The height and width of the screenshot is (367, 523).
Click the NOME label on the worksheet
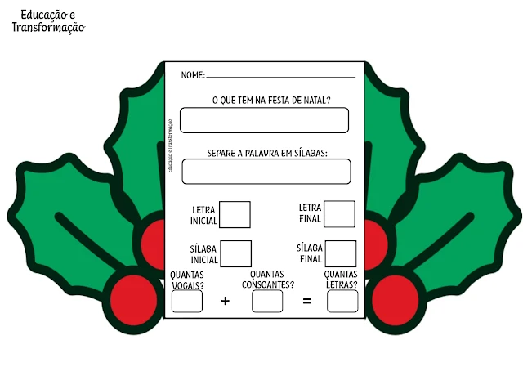coord(192,75)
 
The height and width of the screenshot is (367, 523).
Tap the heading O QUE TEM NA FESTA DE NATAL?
coord(265,100)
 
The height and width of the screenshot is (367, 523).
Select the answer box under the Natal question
coord(264,120)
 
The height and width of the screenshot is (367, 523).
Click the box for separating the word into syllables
coord(266,172)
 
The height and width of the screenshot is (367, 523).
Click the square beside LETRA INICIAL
coord(235,214)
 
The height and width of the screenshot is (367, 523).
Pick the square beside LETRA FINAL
coord(339,214)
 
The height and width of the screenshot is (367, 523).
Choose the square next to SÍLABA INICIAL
coord(235,253)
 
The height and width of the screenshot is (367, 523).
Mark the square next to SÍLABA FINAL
coord(341,253)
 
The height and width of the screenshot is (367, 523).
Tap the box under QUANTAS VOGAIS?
coord(187,301)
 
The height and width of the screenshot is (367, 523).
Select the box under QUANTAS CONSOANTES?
coord(267,301)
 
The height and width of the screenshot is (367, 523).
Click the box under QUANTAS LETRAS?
coord(342,301)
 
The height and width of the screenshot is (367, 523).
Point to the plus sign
coord(226,301)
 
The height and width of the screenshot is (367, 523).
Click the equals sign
coord(307,301)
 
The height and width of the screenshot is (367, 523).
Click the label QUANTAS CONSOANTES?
coord(267,280)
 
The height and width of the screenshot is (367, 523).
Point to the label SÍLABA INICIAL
coord(203,254)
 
